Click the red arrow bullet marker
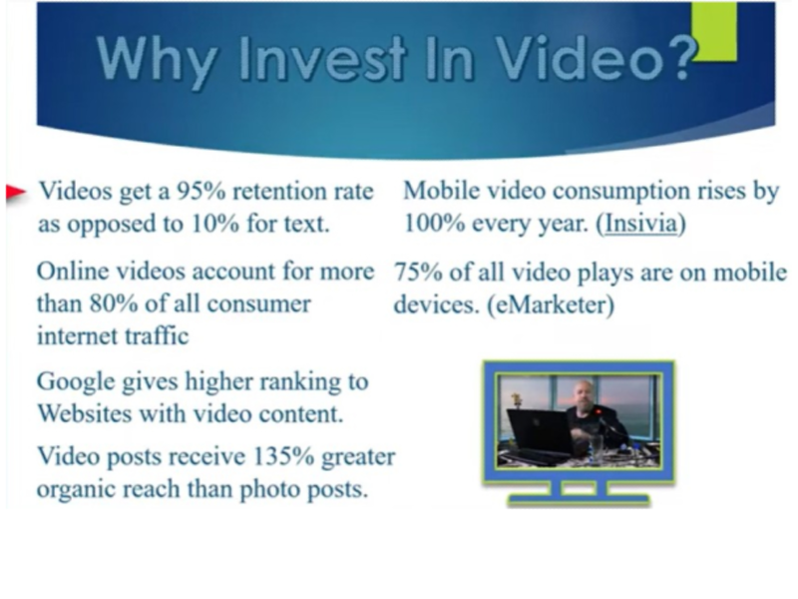[x=16, y=193]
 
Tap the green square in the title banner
[x=714, y=32]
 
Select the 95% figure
[x=201, y=192]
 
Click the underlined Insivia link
[x=640, y=223]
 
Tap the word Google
[x=76, y=382]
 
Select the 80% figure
[x=114, y=304]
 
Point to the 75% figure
[x=418, y=273]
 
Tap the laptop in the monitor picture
[x=541, y=434]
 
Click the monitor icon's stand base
[x=580, y=501]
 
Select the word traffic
[x=158, y=336]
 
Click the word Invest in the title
[x=322, y=58]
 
